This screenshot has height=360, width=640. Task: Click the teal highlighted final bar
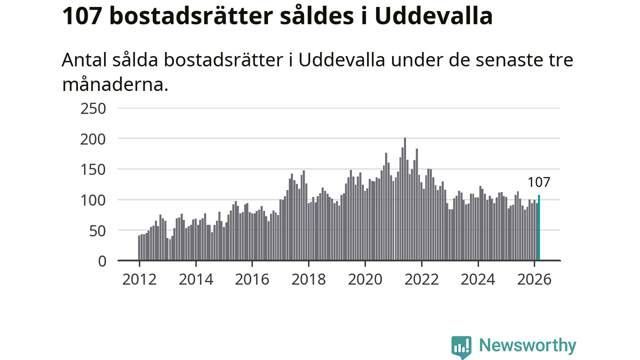click(x=539, y=228)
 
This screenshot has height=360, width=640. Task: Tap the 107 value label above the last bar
click(x=539, y=182)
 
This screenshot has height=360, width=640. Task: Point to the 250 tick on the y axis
click(x=93, y=108)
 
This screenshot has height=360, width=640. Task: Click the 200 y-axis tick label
click(x=93, y=138)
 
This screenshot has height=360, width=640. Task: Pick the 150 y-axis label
click(x=93, y=169)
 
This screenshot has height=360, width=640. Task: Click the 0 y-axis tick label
click(x=102, y=261)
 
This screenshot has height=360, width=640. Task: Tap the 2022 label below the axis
click(x=421, y=279)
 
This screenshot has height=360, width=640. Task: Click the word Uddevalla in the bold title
click(x=433, y=16)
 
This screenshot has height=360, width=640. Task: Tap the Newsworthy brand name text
click(x=527, y=345)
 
